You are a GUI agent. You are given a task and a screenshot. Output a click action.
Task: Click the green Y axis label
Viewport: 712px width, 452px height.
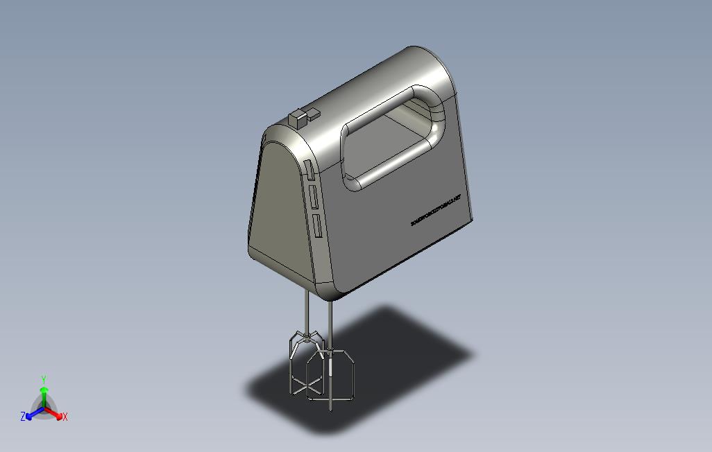coord(43,380)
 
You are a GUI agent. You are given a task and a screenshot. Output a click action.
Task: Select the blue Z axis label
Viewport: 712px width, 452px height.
coord(23,417)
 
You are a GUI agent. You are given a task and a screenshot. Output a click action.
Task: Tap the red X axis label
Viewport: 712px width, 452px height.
coord(65,417)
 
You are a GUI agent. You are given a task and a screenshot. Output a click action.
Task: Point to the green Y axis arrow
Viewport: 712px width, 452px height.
coord(43,395)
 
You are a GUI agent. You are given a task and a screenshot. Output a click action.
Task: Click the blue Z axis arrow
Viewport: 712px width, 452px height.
coord(31,415)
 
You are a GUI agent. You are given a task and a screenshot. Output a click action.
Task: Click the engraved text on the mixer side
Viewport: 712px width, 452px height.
coord(440,209)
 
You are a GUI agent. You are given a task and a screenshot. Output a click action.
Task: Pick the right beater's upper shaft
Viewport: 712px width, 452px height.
coord(329,322)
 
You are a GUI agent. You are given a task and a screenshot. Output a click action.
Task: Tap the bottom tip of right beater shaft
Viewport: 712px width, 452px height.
coord(330,406)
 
